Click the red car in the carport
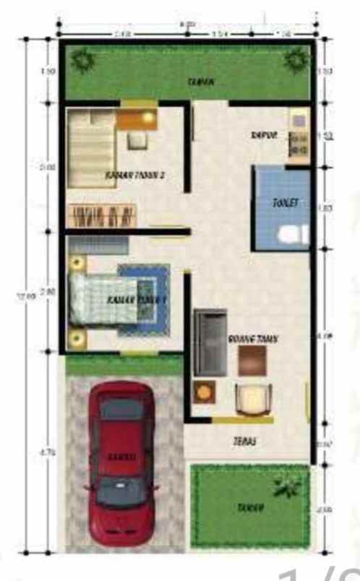(121, 462)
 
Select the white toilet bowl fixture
(291, 235)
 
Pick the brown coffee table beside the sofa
(252, 359)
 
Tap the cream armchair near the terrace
(254, 399)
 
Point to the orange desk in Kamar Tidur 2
(137, 117)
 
